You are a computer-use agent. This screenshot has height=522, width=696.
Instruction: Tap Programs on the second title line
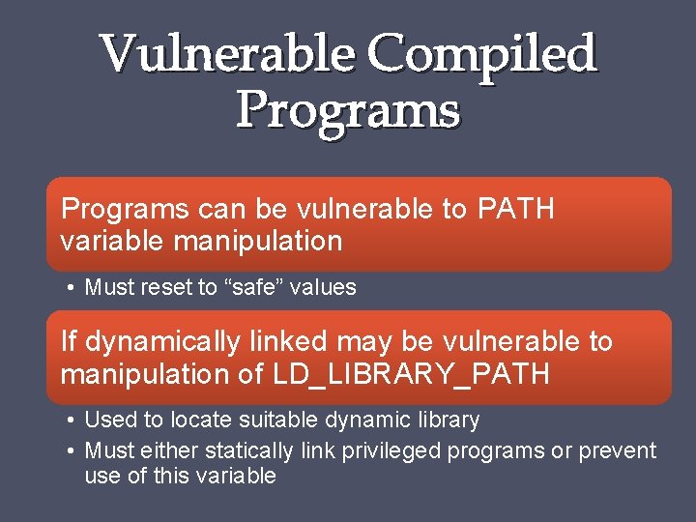pyautogui.click(x=348, y=109)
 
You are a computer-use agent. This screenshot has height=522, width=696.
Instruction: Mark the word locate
pyautogui.click(x=202, y=420)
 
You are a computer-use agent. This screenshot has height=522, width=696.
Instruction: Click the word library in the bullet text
pyautogui.click(x=447, y=420)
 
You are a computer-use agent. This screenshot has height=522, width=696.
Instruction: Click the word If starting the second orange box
pyautogui.click(x=68, y=342)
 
